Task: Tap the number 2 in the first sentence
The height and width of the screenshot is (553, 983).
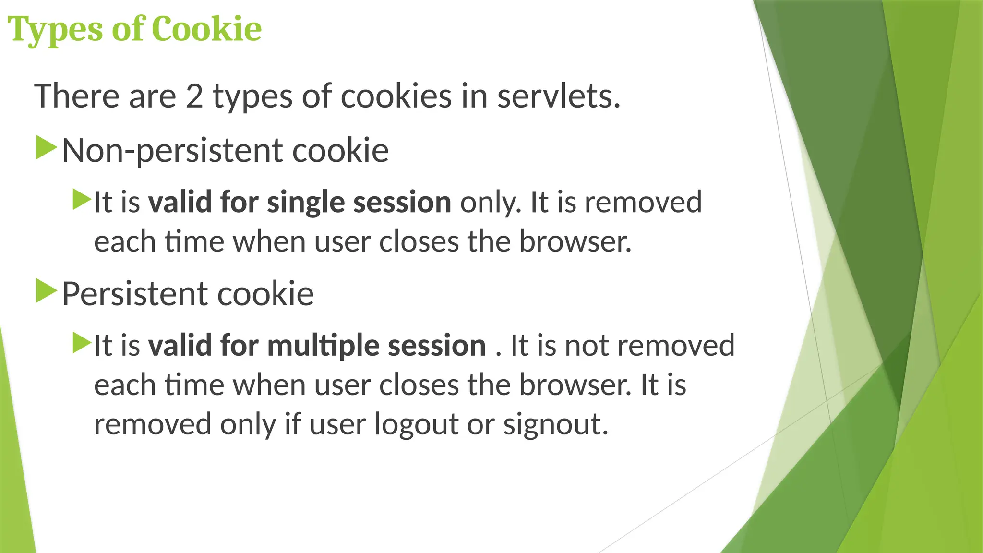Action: (194, 96)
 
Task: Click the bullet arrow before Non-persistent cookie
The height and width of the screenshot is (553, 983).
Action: (47, 147)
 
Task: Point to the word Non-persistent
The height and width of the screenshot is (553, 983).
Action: (173, 151)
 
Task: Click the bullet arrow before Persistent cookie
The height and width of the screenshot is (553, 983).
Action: (47, 291)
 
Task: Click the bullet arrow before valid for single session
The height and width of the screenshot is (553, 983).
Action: (82, 199)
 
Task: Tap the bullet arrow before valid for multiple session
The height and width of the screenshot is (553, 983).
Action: (82, 343)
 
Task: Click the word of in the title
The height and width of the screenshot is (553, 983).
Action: (128, 29)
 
